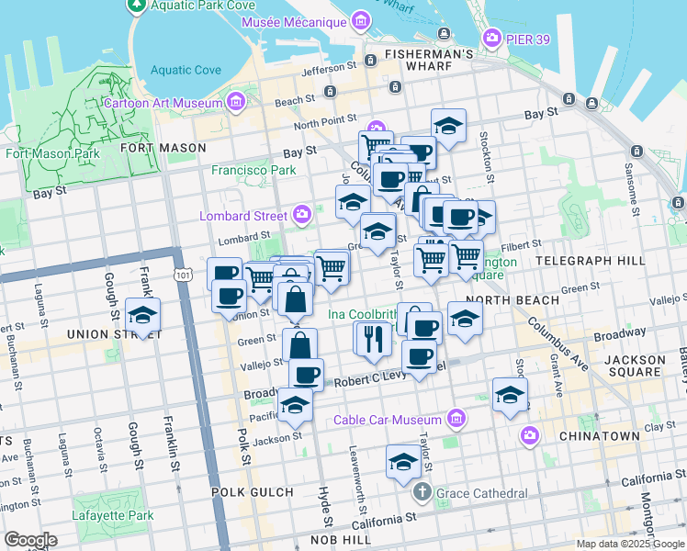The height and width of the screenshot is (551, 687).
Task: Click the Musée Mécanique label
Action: [x=294, y=21]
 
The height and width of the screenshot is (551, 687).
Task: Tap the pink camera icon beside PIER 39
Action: [x=492, y=38]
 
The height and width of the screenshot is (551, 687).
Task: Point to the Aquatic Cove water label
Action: [x=186, y=70]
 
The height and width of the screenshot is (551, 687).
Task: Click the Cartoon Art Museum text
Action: [x=163, y=103]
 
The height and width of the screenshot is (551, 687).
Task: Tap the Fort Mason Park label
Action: [x=52, y=153]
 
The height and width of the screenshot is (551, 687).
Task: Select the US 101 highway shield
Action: [x=183, y=274]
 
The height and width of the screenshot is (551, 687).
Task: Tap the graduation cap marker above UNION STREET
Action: [x=142, y=315]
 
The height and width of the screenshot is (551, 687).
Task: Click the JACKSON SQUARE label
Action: [x=648, y=365]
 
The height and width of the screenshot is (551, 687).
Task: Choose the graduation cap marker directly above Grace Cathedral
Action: [x=403, y=462]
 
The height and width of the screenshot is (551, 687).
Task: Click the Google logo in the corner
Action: [x=29, y=540]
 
